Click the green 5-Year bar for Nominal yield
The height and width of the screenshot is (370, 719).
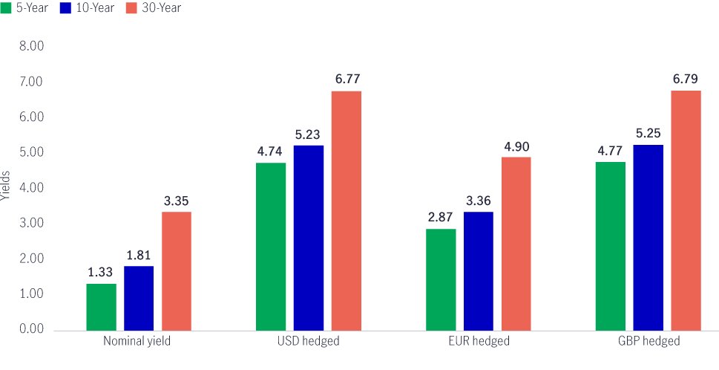(x=101, y=306)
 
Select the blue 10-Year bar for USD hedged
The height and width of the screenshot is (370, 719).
(x=308, y=237)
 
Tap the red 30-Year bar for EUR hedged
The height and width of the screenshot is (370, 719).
(x=516, y=243)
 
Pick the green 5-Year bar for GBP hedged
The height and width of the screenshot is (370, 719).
(x=611, y=245)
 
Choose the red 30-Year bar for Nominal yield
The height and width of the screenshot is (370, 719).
(x=176, y=270)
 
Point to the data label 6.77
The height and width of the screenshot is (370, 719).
(x=346, y=79)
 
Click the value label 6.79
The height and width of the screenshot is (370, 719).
(x=686, y=78)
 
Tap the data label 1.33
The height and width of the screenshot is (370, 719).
(x=101, y=272)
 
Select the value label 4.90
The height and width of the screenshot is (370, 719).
(x=516, y=146)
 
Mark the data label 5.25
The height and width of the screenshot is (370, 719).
(x=648, y=133)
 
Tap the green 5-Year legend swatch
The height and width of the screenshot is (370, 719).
(x=6, y=8)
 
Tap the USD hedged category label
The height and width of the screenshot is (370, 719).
(x=308, y=342)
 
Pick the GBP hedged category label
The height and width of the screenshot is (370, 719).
(x=648, y=342)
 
